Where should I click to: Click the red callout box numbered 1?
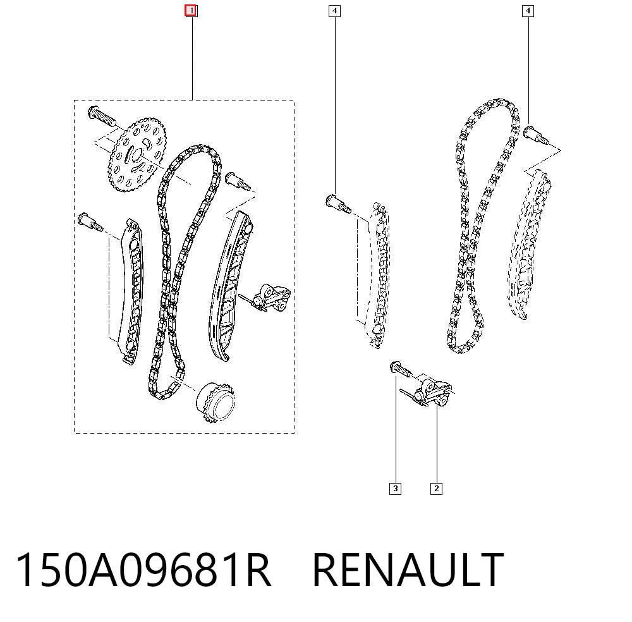pos(191,11)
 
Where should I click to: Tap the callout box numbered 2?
pos(436,489)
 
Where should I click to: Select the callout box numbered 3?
pos(396,489)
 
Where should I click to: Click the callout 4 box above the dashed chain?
pos(528,11)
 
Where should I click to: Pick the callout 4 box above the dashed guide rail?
pos(334,11)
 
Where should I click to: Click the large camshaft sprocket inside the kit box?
pos(137,155)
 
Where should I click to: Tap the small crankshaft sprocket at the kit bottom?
pos(216,401)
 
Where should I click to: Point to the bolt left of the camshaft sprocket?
pos(101,115)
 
